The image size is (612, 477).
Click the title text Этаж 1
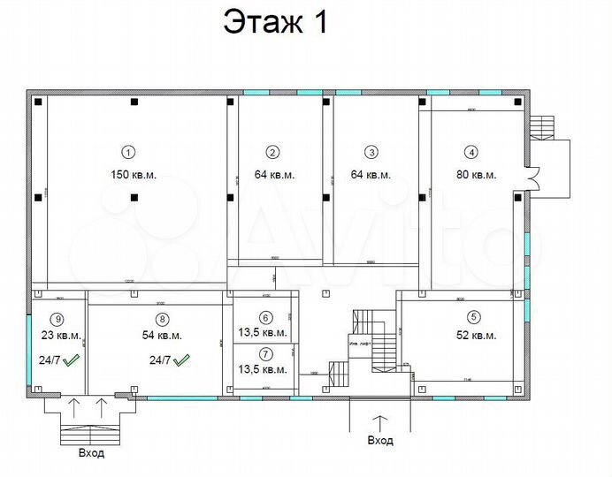275,22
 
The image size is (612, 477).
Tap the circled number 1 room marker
127,150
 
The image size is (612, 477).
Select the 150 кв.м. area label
134,174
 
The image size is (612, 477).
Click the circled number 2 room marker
273,151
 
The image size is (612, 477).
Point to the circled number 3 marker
371,151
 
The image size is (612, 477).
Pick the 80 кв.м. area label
477,174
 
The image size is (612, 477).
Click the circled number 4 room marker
471,151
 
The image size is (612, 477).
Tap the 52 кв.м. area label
477,336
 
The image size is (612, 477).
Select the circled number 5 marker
473,316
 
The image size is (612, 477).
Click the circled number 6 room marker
266,318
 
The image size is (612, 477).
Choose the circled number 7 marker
266,354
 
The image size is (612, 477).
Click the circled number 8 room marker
161,319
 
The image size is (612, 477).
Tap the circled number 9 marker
58,319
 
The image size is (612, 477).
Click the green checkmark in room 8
183,360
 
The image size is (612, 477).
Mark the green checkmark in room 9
72,360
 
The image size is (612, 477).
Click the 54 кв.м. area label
162,336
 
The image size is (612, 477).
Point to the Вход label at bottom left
90,454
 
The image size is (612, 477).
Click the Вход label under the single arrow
380,440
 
